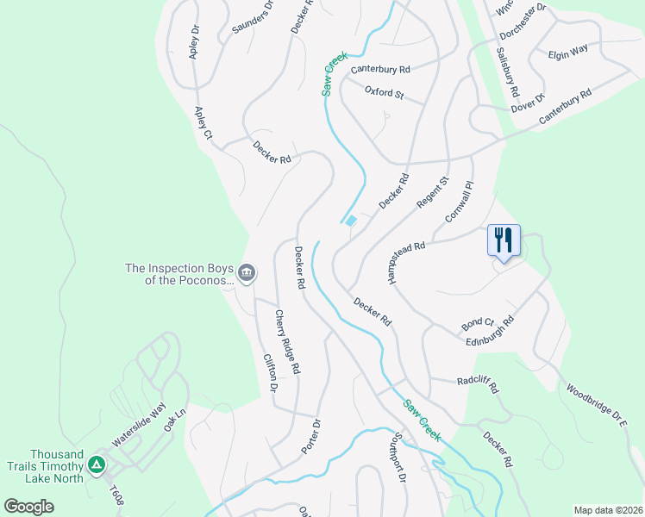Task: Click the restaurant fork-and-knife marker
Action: [504, 240]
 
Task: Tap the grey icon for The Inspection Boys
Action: [247, 274]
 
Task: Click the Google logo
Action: [29, 507]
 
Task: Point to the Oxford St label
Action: [384, 92]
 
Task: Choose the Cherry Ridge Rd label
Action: [287, 342]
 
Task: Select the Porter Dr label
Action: [310, 436]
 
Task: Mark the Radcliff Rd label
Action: [478, 383]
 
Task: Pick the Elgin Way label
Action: [567, 52]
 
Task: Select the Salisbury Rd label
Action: [507, 70]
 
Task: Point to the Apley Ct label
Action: [203, 123]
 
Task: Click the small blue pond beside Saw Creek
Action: [351, 221]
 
